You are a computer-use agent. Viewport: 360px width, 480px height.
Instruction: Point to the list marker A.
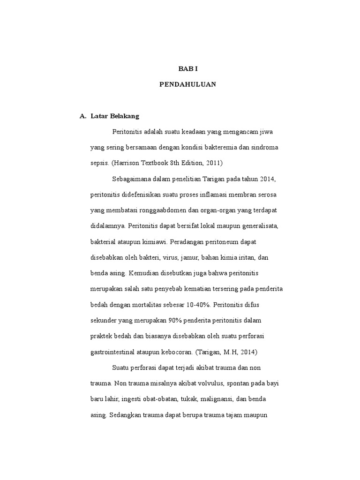83,116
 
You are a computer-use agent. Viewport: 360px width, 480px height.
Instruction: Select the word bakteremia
220,147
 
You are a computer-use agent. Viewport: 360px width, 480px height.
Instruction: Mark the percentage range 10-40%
199,305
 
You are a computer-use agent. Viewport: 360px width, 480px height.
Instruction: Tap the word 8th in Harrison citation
168,163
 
